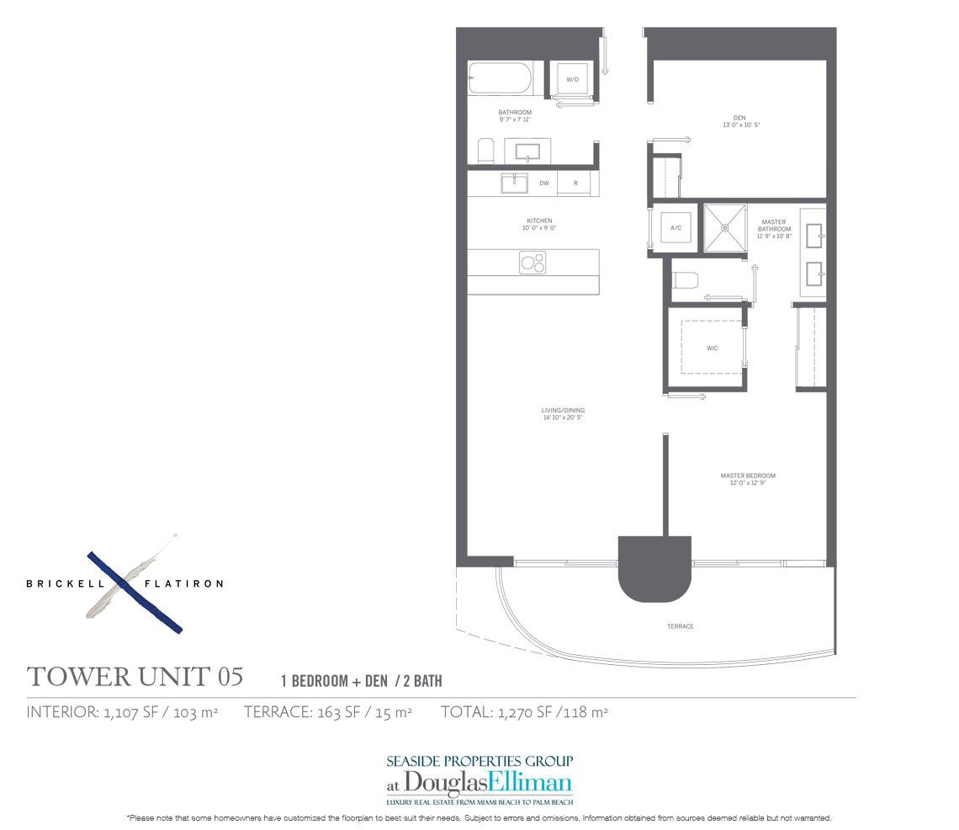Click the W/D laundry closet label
tap(573, 80)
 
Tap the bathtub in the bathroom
tap(500, 78)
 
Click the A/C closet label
tap(676, 227)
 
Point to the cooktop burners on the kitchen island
tap(532, 263)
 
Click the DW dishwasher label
tap(544, 183)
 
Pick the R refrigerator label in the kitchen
tap(575, 183)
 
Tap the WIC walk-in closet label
tap(712, 348)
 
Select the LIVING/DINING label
tap(563, 411)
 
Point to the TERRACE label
tap(681, 626)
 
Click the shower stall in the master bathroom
tap(725, 227)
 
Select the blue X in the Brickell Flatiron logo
tap(135, 591)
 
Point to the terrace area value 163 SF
tap(331, 712)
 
